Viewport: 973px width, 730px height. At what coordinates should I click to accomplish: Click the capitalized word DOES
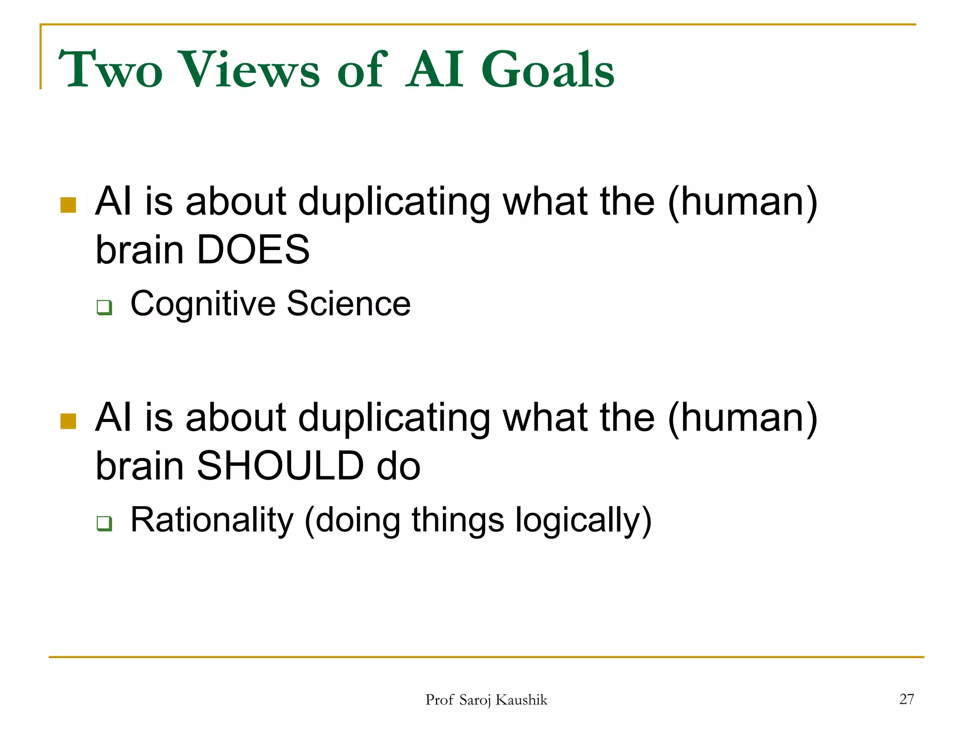[x=253, y=250]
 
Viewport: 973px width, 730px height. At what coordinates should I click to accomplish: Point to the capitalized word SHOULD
[x=280, y=466]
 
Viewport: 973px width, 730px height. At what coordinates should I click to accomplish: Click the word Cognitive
[x=203, y=304]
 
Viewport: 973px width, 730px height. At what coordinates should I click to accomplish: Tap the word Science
[x=349, y=304]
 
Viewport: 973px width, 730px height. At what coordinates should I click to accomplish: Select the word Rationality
[x=212, y=520]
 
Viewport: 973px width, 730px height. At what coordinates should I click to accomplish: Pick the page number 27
[x=906, y=699]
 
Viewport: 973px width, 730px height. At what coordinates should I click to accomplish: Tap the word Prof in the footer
[x=439, y=700]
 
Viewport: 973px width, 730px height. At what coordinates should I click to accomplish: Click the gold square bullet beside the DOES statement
[x=68, y=205]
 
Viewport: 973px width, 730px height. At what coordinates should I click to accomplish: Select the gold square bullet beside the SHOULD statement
[x=68, y=421]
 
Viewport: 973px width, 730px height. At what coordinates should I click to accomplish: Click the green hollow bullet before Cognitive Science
[x=104, y=307]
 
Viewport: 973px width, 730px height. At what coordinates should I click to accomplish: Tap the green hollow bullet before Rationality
[x=104, y=523]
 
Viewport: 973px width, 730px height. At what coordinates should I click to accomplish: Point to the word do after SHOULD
[x=398, y=466]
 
